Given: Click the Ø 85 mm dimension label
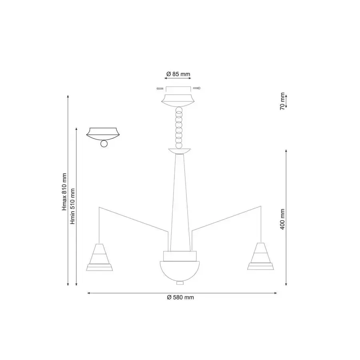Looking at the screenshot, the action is pos(178,74).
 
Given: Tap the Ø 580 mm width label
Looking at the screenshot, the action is pos(180,297).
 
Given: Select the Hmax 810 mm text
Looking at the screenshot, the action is pos(64,192).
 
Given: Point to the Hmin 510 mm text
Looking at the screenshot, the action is pos(72,206).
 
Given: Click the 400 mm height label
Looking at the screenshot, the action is pos(282,219).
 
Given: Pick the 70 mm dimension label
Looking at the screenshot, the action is pos(282,101).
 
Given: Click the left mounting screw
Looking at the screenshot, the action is pos(160,88).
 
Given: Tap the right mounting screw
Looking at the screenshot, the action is pos(197,88).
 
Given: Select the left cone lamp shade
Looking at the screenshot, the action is pos(100,257).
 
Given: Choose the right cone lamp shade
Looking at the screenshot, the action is pos(260,256).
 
